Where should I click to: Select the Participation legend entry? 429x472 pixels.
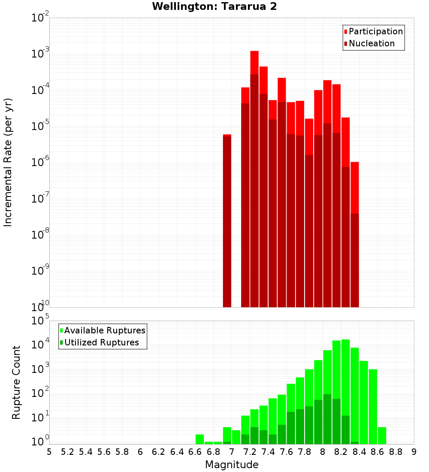coord(373,31)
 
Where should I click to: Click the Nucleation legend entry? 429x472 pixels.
coord(369,43)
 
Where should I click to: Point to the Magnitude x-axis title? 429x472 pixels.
coord(232,465)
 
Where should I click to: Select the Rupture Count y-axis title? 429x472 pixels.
coord(16,382)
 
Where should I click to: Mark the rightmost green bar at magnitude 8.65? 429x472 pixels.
coord(382,436)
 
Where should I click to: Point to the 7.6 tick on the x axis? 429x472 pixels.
coord(287,451)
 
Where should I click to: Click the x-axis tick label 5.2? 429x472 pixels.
coord(67,451)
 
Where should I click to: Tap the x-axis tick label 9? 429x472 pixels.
coord(414,451)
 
